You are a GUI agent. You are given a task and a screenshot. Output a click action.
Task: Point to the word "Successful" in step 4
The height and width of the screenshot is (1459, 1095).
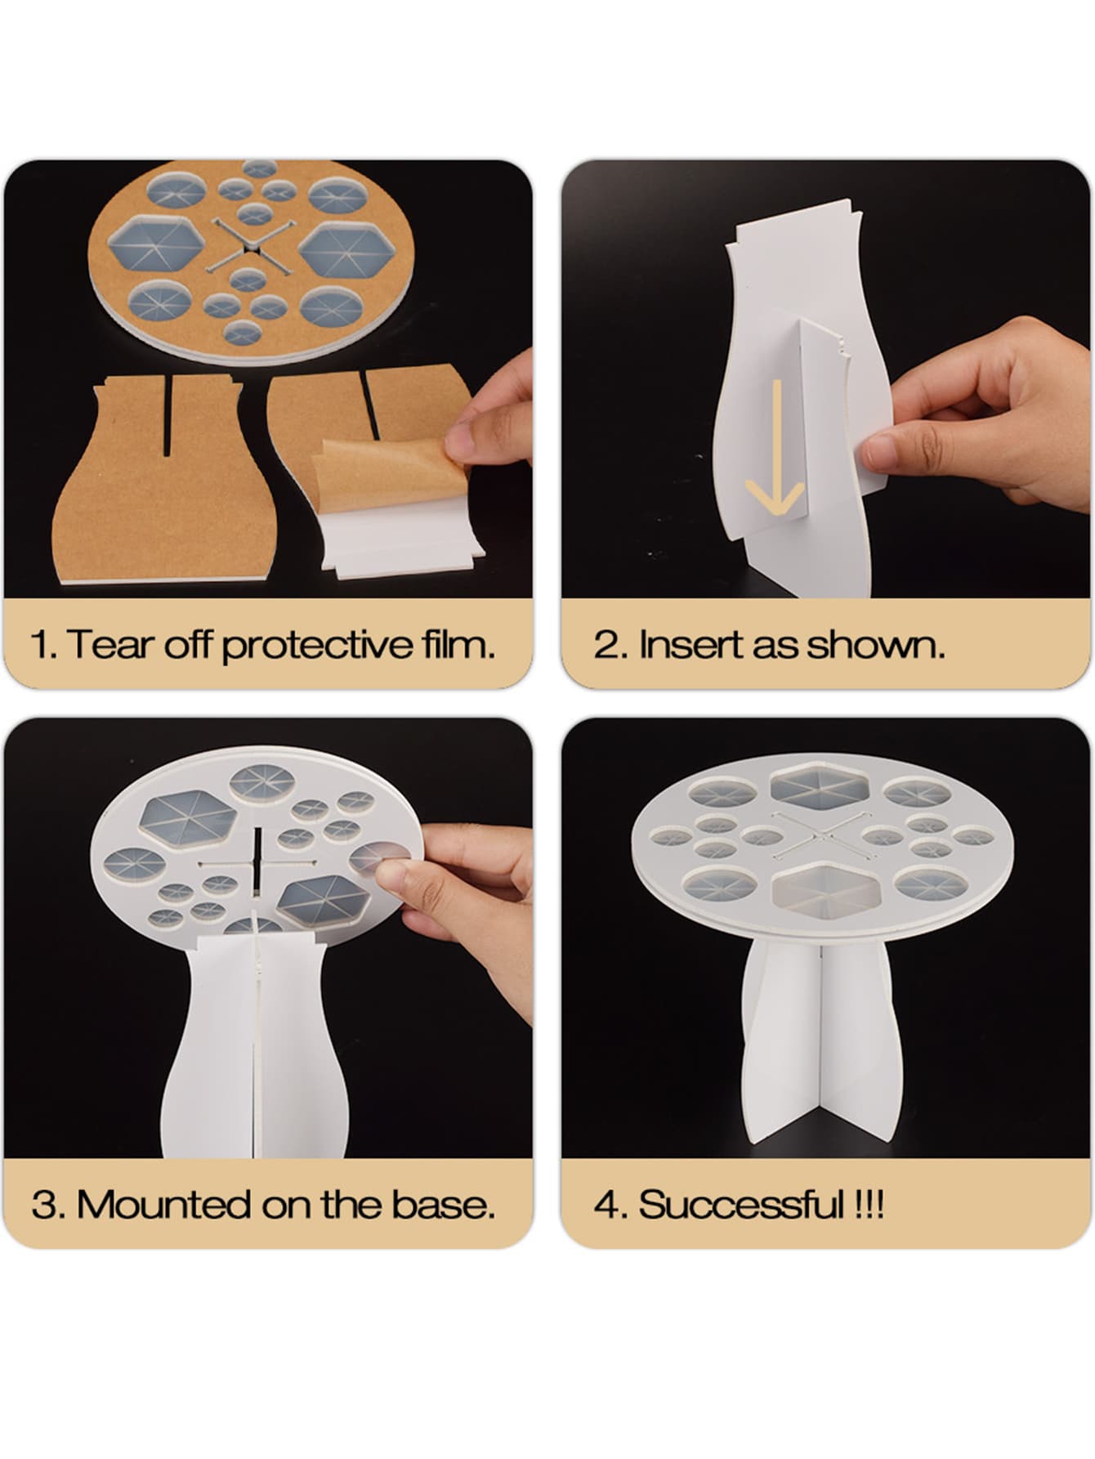740,1205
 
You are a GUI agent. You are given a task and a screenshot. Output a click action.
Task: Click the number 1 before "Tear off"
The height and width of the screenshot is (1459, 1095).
41,646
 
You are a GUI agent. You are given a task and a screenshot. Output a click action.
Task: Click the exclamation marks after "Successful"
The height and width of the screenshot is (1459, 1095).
866,1206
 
